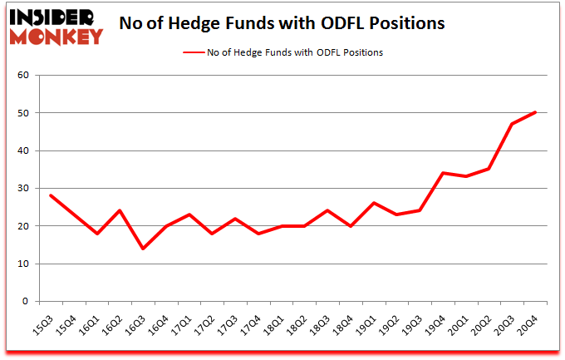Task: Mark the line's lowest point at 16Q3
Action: (143, 249)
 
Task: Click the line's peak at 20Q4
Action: (535, 113)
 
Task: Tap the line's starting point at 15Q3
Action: (51, 195)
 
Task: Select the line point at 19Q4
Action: (443, 173)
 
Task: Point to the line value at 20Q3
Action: (512, 124)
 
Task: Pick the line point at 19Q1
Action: (374, 203)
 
